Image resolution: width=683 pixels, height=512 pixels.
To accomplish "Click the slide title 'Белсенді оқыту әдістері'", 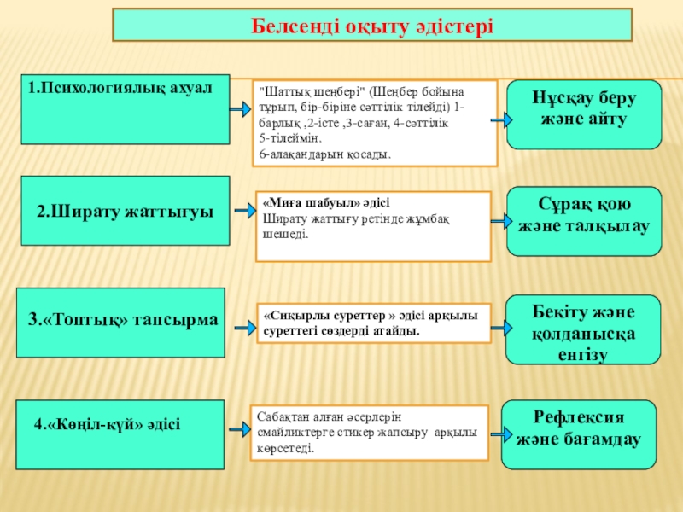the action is (373, 26).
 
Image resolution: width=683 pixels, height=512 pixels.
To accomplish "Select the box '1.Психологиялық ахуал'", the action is (125, 108).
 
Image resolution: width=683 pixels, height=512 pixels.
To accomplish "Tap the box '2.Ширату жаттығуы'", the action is (125, 211).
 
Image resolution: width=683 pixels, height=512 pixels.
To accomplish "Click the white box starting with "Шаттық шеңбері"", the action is (377, 123).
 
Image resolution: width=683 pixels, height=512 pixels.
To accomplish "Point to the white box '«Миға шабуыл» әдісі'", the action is (375, 225).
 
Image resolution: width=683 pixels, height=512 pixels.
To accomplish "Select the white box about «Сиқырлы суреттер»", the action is (375, 323).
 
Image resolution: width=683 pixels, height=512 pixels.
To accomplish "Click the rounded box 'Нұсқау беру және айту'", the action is (584, 114).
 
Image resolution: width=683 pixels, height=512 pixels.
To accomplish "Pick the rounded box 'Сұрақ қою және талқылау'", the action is (584, 220).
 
